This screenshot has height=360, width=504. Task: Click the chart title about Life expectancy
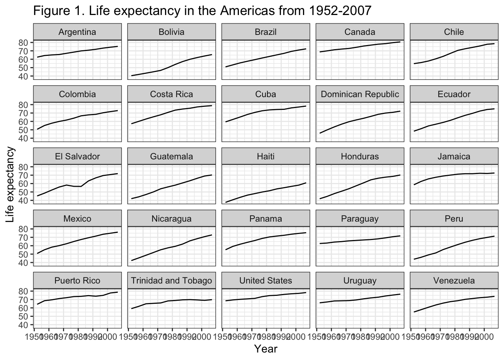coord(202,11)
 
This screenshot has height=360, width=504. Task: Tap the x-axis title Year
coord(265,349)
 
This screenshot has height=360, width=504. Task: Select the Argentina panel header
coord(77,32)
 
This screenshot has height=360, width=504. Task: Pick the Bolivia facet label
coord(171,32)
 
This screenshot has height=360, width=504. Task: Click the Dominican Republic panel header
coord(360,94)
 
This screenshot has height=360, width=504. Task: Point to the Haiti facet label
coord(265,156)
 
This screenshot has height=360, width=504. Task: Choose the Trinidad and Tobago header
coord(171,281)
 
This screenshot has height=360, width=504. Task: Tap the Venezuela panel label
coord(454,281)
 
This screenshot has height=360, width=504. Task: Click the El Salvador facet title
coord(77,156)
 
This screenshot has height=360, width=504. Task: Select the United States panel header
coord(265,281)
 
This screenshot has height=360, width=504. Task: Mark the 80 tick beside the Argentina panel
coord(24,42)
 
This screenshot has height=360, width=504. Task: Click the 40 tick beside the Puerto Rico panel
coord(24,325)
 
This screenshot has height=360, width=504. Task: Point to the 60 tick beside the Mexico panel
coord(24,246)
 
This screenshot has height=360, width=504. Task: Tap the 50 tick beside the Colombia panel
coord(24,130)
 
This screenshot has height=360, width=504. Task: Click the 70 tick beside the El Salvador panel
coord(24,175)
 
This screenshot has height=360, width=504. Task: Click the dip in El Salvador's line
coord(78,186)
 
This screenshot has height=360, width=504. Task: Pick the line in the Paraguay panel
coord(360,240)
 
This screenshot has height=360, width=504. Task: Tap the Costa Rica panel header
coord(171,94)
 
